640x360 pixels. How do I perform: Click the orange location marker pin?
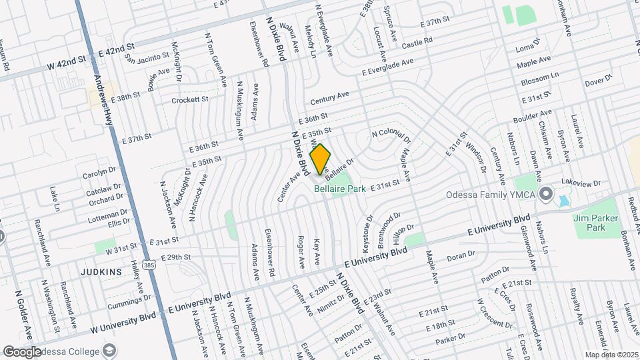coord(321,159)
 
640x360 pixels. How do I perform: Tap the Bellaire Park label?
coord(340,189)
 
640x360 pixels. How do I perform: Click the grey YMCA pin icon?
coord(547,195)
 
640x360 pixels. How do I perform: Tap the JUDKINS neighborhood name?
coord(102,272)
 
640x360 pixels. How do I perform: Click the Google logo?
coord(21,351)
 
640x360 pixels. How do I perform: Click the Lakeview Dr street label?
coord(581,182)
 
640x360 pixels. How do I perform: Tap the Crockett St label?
coord(190,100)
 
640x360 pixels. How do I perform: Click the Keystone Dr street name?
coord(367,233)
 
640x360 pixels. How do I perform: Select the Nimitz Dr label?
coord(331,302)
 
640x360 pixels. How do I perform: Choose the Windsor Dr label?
coord(477,156)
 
